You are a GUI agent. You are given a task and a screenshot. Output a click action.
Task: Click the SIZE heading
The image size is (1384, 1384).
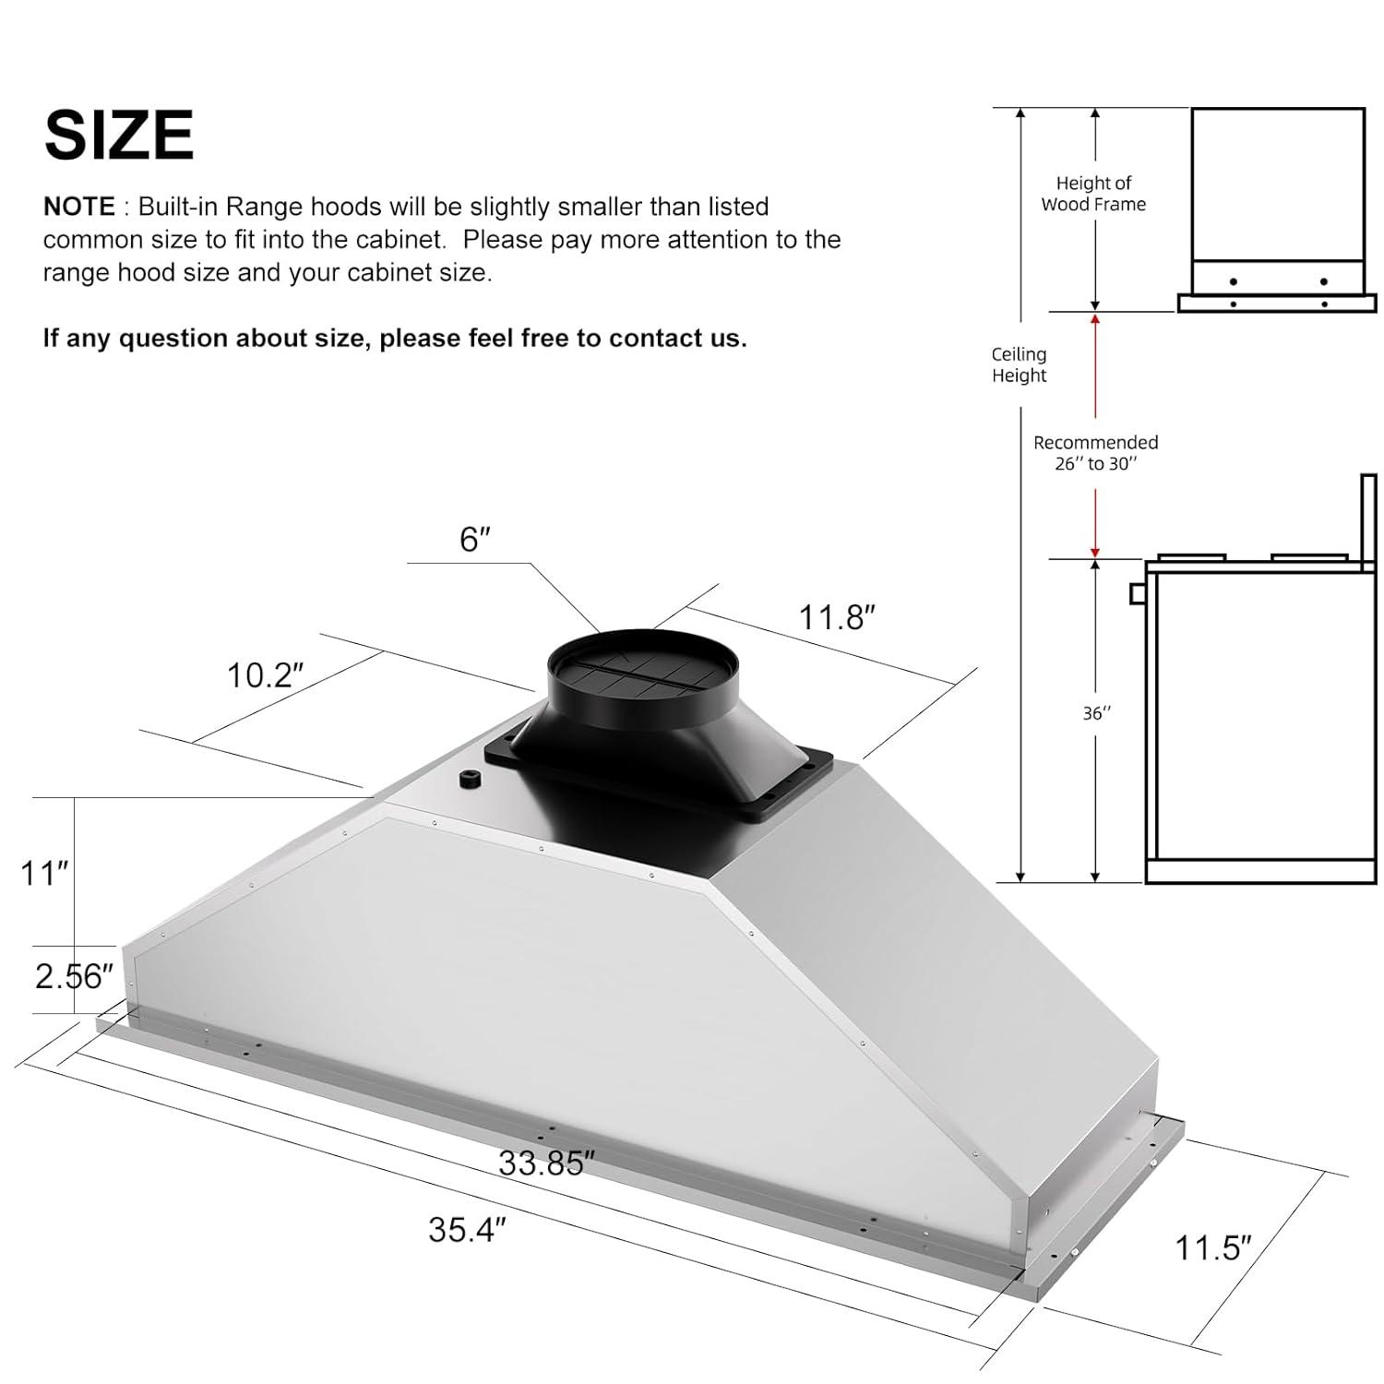pos(119,136)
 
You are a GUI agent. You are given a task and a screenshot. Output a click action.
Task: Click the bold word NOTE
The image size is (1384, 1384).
pos(79,207)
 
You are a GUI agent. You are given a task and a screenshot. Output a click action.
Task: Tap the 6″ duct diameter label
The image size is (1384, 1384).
pos(474,540)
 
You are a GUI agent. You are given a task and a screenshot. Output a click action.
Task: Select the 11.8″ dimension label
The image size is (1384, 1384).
pos(836,617)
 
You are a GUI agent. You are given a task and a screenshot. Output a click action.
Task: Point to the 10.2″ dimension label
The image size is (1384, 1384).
pos(265,676)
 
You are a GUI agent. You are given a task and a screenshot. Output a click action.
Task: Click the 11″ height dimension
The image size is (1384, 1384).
pos(45,873)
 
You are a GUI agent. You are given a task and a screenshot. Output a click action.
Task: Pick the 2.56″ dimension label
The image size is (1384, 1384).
pos(74,976)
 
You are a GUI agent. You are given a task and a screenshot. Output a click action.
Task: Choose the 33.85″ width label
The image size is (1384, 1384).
pos(542,1163)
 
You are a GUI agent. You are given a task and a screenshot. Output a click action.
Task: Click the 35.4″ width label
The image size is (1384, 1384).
pos(467,1230)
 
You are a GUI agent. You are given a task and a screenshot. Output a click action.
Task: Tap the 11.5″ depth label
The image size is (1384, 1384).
pos(1212,1248)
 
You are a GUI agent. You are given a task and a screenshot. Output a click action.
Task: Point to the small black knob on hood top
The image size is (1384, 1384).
pos(470,781)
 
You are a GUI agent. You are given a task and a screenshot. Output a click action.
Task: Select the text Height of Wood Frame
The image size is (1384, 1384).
pos(1093,194)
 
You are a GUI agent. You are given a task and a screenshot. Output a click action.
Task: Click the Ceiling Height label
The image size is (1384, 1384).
pos(1019,364)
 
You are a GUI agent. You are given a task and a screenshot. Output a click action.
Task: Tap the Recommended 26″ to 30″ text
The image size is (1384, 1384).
pos(1095,453)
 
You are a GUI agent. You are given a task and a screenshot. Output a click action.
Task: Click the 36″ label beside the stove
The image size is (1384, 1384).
pos(1096,713)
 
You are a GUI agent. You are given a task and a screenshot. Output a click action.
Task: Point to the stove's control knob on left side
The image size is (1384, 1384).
pos(1138,593)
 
